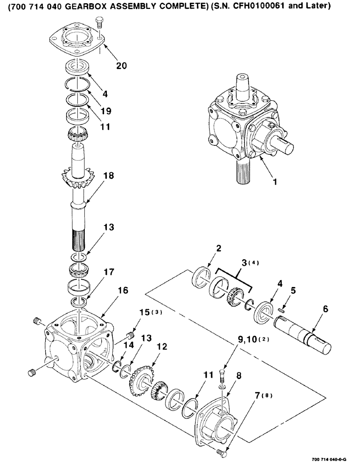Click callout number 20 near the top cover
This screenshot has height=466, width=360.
click(121, 66)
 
